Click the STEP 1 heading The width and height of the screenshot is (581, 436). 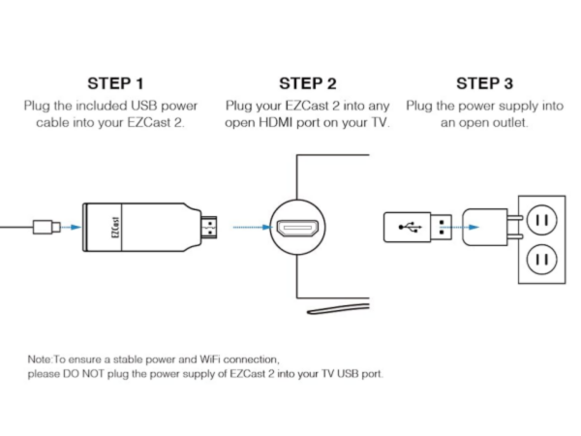pos(115,83)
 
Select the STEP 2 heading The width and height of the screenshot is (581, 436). pos(308,83)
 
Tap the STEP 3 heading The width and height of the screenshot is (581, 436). pos(485,83)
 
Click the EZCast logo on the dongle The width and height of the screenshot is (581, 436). pos(115,228)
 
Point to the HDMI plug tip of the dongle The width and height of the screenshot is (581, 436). pos(209,228)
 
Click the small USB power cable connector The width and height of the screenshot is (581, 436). pos(46,227)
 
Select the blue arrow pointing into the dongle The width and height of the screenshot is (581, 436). pos(71,227)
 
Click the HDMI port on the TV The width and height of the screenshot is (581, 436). pos(298,228)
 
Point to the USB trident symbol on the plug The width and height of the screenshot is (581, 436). pos(410,227)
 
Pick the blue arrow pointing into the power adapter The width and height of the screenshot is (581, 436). pos(461,227)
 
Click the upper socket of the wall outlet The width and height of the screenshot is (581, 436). pos(541,220)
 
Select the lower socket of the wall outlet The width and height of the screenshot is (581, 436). pos(541,259)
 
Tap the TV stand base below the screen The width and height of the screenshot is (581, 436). pos(338,308)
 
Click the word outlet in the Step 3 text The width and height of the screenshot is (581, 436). pos(509,122)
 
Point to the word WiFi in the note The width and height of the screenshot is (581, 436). pos(209,359)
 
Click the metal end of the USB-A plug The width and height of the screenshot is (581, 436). pos(442,227)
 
